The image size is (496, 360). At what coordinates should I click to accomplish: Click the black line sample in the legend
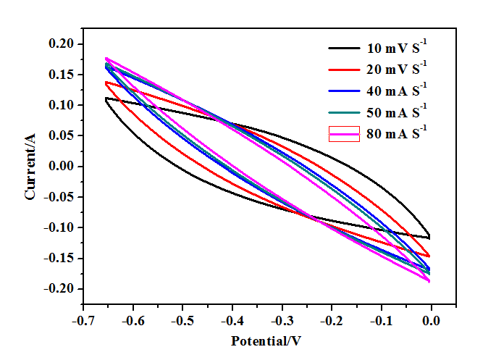pos(344,49)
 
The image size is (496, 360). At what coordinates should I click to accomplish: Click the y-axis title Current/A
pos(30,167)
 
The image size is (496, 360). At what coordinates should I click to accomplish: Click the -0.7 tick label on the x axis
pos(83,320)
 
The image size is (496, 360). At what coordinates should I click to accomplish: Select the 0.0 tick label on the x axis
pos(432,320)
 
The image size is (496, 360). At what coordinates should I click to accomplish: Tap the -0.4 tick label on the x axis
pos(232,320)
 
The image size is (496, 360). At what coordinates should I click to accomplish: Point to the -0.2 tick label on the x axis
pos(332,320)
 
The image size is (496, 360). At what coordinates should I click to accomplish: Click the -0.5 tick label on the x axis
pos(182,320)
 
